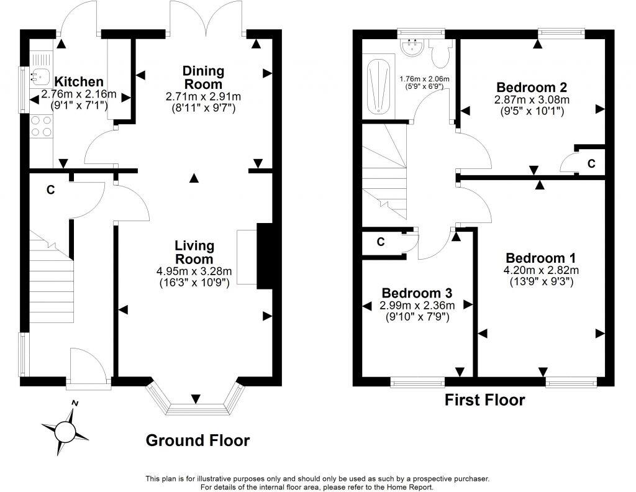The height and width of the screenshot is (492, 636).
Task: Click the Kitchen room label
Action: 79,81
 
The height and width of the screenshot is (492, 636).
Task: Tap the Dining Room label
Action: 203,78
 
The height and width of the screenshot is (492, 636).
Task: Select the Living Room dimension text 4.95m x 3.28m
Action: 194,271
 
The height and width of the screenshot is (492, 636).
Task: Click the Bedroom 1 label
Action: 541,258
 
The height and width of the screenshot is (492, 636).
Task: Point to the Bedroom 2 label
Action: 532,87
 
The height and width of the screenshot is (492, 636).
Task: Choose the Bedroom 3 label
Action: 417,293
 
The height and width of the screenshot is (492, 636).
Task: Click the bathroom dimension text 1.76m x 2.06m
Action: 425,79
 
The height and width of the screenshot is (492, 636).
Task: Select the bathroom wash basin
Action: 413,47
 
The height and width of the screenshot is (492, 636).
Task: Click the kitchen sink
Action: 39,75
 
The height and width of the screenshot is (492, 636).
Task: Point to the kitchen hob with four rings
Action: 41,126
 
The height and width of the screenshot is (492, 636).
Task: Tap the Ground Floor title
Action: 198,440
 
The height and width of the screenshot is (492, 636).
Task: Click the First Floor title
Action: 484,400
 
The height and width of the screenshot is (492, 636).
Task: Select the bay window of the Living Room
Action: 196,399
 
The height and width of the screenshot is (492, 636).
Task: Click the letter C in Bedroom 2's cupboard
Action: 591,163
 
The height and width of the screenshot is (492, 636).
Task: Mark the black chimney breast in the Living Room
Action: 265,256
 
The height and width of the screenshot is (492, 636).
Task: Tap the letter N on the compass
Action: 75,403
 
